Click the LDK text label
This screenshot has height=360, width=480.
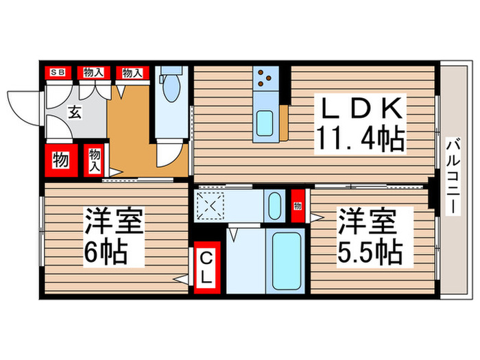357,110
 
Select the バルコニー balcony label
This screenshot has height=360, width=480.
452,177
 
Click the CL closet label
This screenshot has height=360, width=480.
206,269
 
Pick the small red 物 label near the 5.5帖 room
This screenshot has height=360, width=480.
298,206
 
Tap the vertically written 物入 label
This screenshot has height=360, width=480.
94,162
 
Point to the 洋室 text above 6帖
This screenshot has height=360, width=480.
113,223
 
